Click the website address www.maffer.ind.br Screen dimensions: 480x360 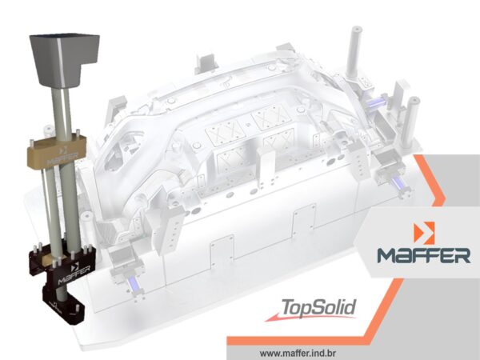[x=298, y=354]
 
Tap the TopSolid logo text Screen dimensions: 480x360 [x=318, y=307]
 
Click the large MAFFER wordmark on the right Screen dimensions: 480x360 [x=424, y=255]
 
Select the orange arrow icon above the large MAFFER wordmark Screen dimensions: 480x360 [x=424, y=233]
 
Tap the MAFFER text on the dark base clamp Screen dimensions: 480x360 [x=74, y=275]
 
